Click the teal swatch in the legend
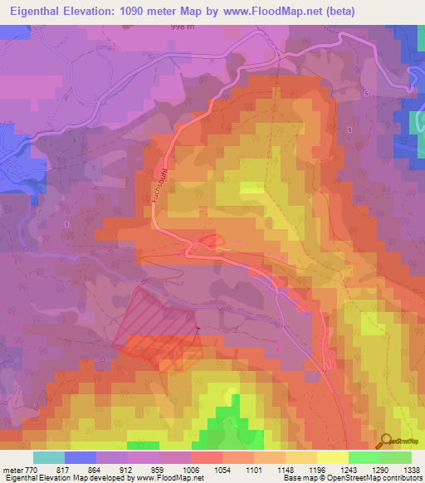49,457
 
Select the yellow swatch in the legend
332,457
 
